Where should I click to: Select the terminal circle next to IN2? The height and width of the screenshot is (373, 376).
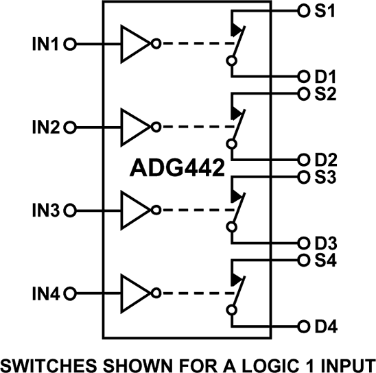(x=69, y=127)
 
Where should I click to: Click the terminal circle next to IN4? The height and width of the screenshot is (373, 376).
(x=69, y=293)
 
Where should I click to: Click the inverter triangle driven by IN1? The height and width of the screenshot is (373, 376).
(x=134, y=44)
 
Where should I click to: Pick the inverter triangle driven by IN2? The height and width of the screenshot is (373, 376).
(x=134, y=127)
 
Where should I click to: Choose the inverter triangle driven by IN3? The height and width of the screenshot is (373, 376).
(x=134, y=210)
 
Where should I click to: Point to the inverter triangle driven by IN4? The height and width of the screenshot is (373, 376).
(x=134, y=293)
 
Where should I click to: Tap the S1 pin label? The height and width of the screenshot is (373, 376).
(x=326, y=12)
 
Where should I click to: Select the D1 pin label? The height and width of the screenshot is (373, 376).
(x=326, y=77)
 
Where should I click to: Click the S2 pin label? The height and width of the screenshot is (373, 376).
(x=326, y=95)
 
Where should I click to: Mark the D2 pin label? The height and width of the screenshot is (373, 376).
(x=326, y=160)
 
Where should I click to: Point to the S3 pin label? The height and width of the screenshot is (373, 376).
(x=326, y=178)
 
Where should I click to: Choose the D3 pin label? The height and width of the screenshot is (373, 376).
(x=326, y=243)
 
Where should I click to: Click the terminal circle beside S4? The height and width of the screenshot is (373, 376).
(x=303, y=261)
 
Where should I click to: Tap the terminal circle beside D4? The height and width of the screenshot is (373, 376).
(x=303, y=326)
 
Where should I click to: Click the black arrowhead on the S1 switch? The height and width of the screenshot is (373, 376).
(x=237, y=30)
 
